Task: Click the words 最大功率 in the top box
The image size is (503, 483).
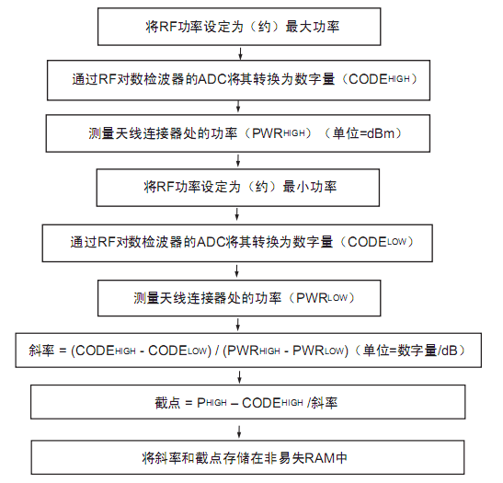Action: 312,27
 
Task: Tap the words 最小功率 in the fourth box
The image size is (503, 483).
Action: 310,187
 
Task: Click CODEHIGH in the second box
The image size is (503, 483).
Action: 379,79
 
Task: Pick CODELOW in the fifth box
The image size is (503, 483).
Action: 377,242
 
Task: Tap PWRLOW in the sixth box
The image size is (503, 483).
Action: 322,298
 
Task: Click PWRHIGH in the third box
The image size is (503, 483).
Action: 278,133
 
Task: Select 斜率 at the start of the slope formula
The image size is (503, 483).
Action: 41,351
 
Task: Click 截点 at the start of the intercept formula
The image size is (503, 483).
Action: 167,403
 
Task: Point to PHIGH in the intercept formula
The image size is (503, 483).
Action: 211,403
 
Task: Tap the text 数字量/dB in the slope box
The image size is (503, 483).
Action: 428,351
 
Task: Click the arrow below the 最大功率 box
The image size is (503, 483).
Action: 240,53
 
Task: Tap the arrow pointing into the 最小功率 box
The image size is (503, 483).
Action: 238,160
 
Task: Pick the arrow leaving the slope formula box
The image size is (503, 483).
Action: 239,377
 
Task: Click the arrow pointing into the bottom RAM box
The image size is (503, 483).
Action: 239,431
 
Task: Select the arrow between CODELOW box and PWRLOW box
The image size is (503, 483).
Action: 236,270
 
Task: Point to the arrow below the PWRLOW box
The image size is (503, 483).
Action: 237,325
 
